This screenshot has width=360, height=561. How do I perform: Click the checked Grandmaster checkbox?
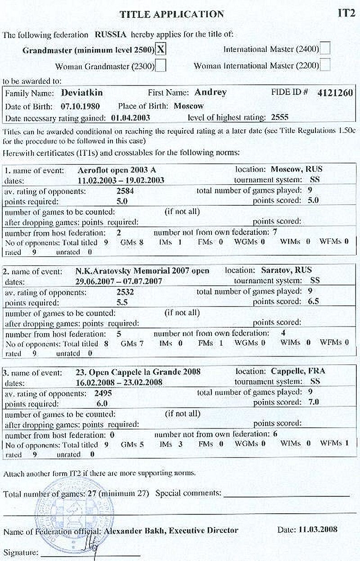point(160,50)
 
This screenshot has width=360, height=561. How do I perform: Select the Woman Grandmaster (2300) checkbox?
point(161,66)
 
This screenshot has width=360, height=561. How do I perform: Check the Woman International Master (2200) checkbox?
point(325,65)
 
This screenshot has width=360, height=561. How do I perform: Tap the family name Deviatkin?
point(82,93)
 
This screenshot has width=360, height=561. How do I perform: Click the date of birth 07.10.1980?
point(80,107)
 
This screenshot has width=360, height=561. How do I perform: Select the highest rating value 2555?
point(279,118)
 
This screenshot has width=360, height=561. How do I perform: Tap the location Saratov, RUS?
point(286,271)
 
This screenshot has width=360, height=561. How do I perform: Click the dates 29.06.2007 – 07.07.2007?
point(119,280)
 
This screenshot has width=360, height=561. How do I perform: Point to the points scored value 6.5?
point(311,301)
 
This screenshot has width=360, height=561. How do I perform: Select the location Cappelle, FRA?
point(298,371)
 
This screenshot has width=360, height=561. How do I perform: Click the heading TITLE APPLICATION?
point(171,14)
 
